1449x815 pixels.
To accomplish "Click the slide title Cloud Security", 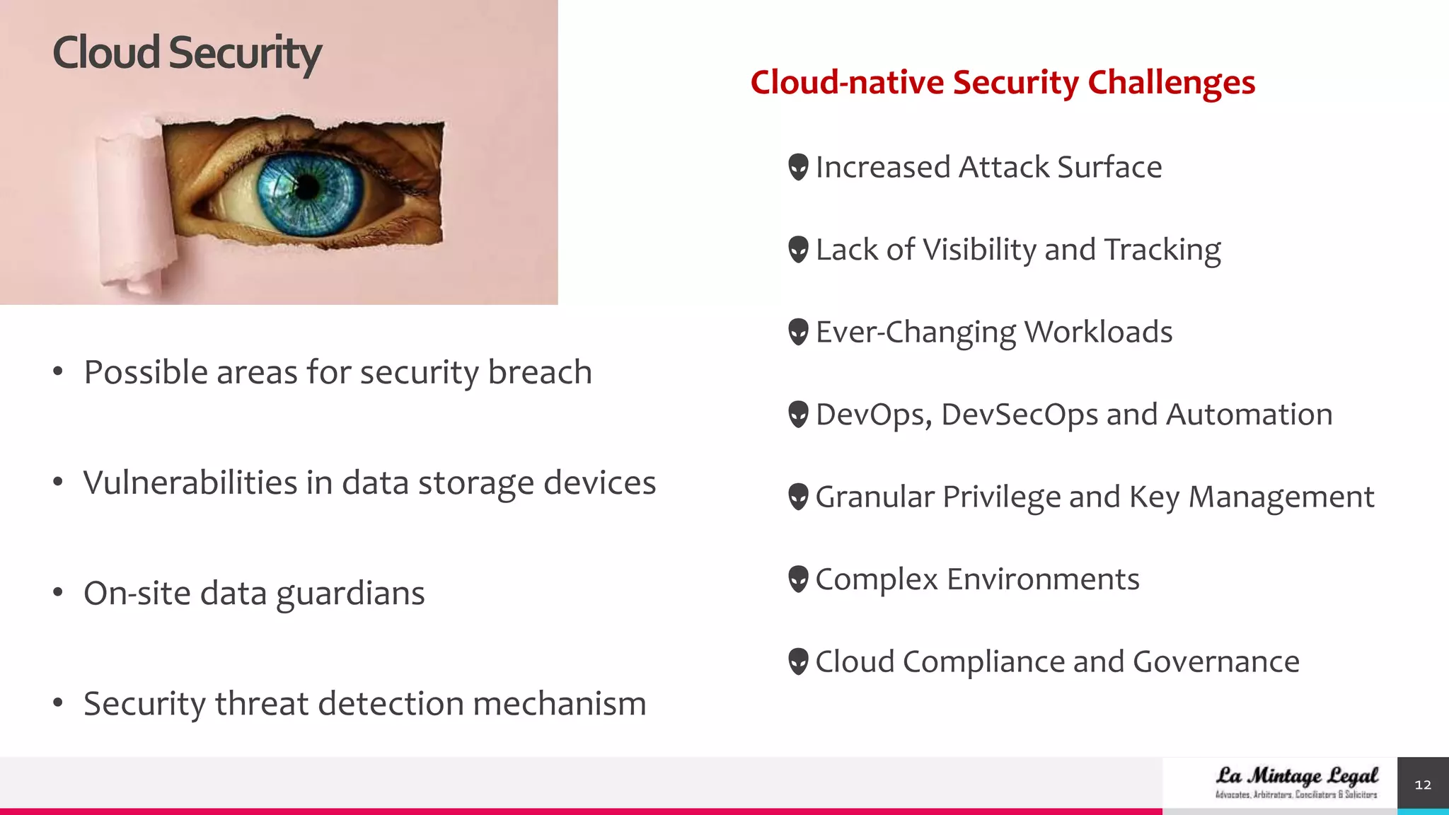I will (x=187, y=53).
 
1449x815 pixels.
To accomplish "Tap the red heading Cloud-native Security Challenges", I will (x=1003, y=82).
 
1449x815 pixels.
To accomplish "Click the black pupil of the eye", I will (x=307, y=187).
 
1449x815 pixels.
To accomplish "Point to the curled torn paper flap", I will (x=134, y=205).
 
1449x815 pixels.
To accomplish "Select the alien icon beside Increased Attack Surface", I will (x=798, y=167).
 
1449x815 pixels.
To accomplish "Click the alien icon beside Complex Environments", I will (x=798, y=579).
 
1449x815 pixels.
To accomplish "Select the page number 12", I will (x=1422, y=785).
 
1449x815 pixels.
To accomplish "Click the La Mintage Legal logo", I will (x=1296, y=782).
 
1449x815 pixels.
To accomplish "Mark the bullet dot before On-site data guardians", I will (x=58, y=591).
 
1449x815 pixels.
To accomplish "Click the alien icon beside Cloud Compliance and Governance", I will (x=798, y=662).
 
